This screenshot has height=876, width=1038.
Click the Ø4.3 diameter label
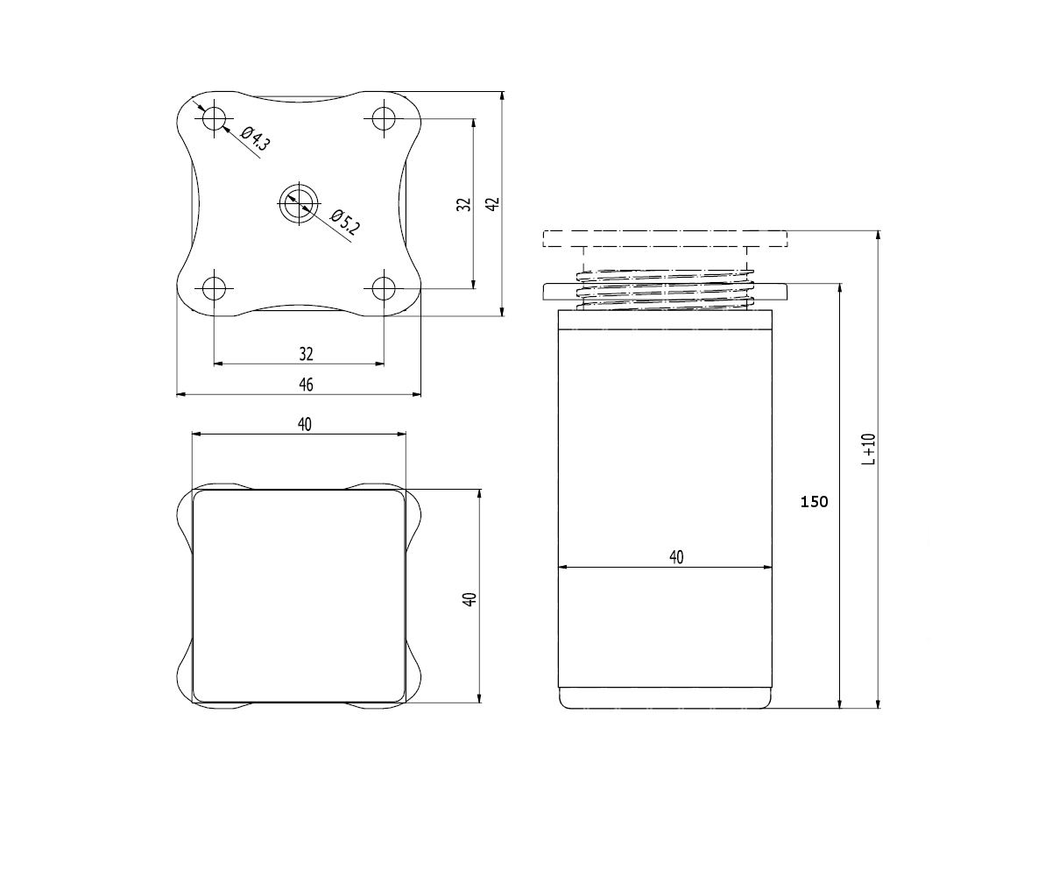[254, 140]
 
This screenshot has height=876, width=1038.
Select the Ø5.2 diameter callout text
[344, 223]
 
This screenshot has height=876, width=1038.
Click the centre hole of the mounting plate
[299, 203]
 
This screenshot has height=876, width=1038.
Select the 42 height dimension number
[492, 203]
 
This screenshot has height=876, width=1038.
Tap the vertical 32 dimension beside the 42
[464, 203]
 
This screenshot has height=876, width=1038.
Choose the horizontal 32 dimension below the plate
[306, 354]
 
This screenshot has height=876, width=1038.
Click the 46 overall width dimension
[306, 385]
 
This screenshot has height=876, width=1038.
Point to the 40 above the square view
[304, 424]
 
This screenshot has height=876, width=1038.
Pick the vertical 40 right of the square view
[470, 600]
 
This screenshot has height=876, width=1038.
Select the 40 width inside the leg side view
[675, 557]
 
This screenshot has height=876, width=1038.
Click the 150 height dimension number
[814, 502]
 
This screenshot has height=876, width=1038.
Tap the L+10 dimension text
[869, 449]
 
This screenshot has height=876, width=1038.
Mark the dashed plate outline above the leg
[665, 239]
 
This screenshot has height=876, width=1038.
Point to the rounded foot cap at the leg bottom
[665, 697]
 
